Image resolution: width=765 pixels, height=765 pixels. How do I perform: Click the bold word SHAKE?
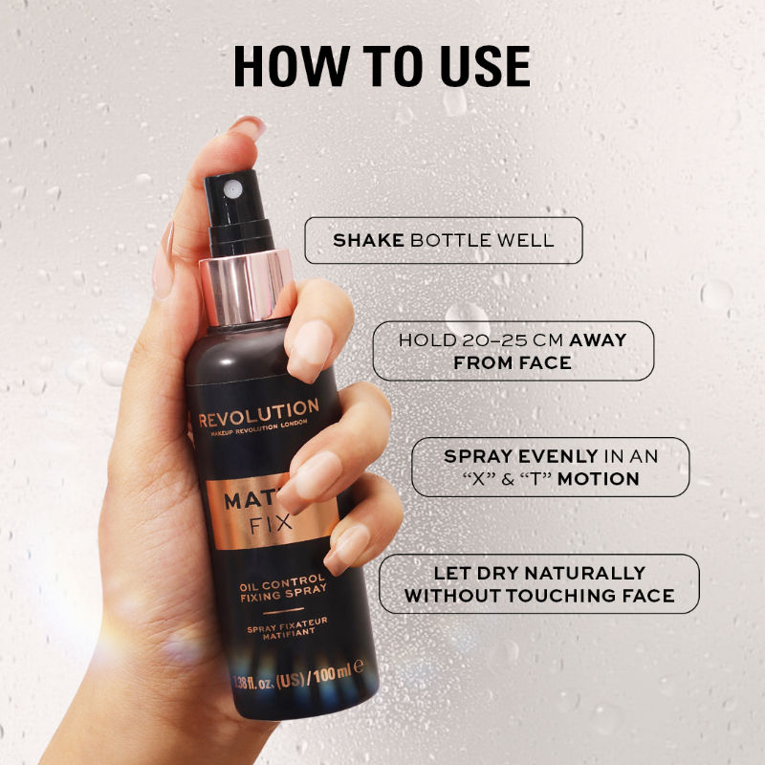tap(368, 240)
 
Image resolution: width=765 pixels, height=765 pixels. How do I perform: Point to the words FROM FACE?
tap(513, 363)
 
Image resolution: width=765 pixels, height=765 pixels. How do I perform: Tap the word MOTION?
tap(599, 479)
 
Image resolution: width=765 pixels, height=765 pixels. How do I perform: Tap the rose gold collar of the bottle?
tap(246, 284)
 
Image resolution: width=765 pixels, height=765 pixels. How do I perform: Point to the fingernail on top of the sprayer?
tap(248, 127)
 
